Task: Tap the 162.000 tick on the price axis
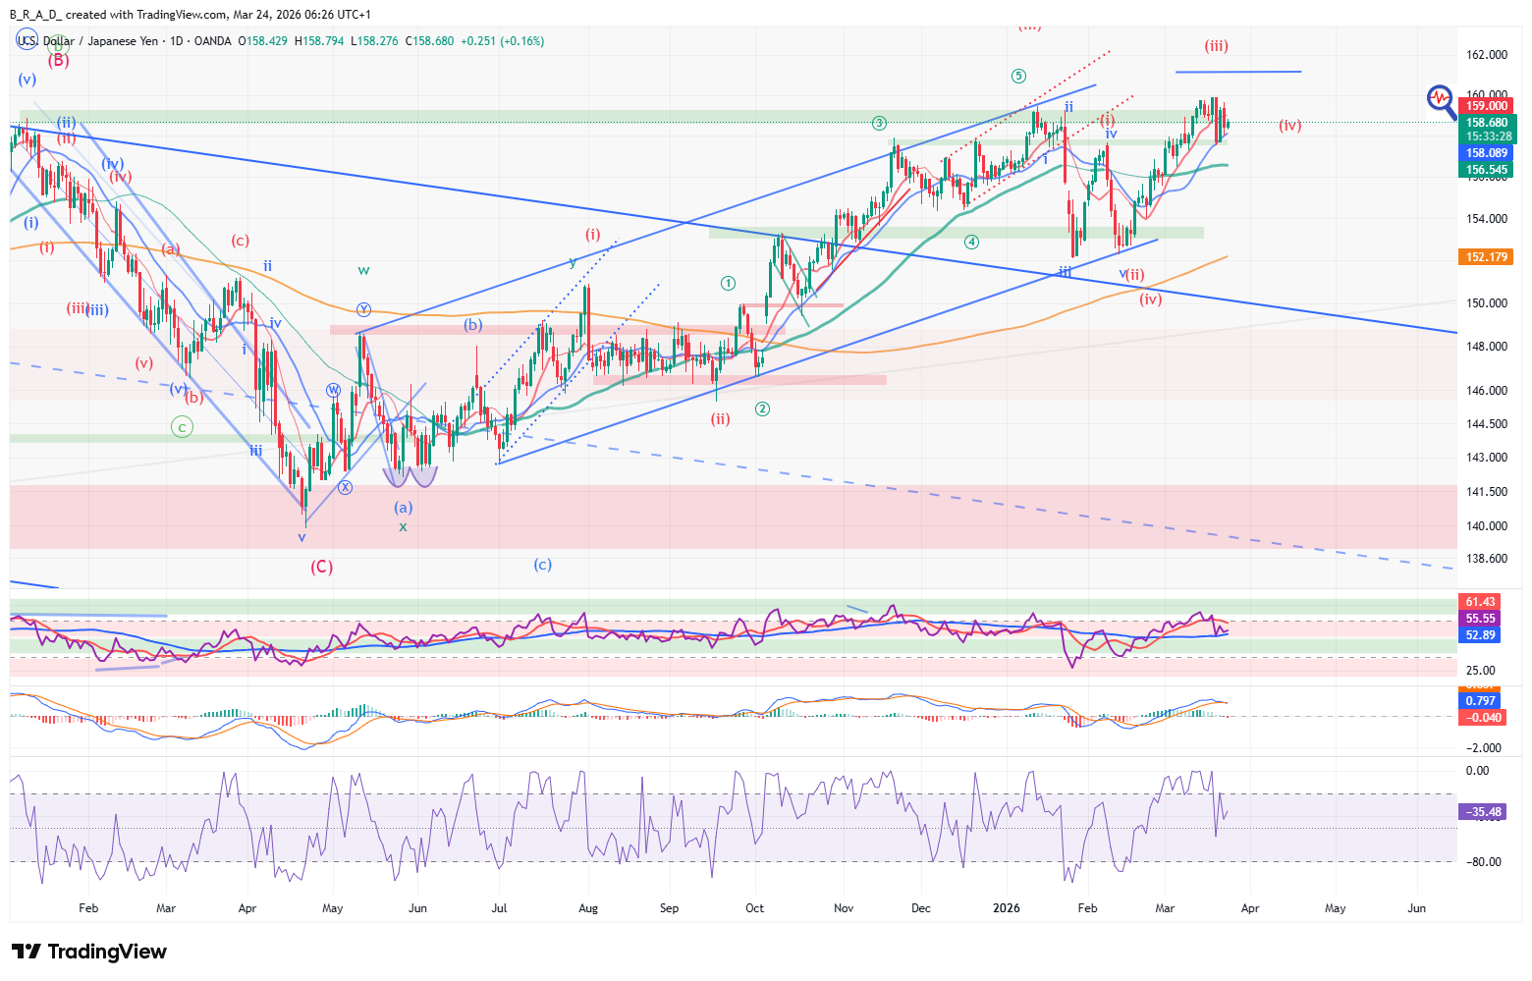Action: pyautogui.click(x=1487, y=55)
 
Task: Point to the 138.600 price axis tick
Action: pyautogui.click(x=1487, y=559)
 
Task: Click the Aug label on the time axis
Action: pyautogui.click(x=588, y=908)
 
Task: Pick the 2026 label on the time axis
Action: pyautogui.click(x=1007, y=908)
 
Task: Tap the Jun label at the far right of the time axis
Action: pyautogui.click(x=1416, y=908)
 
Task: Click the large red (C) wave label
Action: pyautogui.click(x=321, y=567)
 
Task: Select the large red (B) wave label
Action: pyautogui.click(x=59, y=60)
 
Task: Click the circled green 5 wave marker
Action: pyautogui.click(x=1019, y=77)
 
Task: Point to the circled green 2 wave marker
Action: pyautogui.click(x=762, y=409)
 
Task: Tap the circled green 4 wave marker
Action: pyautogui.click(x=971, y=242)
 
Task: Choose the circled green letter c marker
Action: pyautogui.click(x=182, y=427)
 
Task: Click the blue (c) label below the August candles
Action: pyautogui.click(x=543, y=565)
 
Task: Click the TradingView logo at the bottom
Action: pyautogui.click(x=89, y=952)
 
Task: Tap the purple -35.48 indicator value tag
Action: pyautogui.click(x=1484, y=812)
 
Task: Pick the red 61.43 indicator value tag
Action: pyautogui.click(x=1480, y=602)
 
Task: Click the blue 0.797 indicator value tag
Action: pyautogui.click(x=1480, y=701)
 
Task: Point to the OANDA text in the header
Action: pyautogui.click(x=213, y=41)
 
